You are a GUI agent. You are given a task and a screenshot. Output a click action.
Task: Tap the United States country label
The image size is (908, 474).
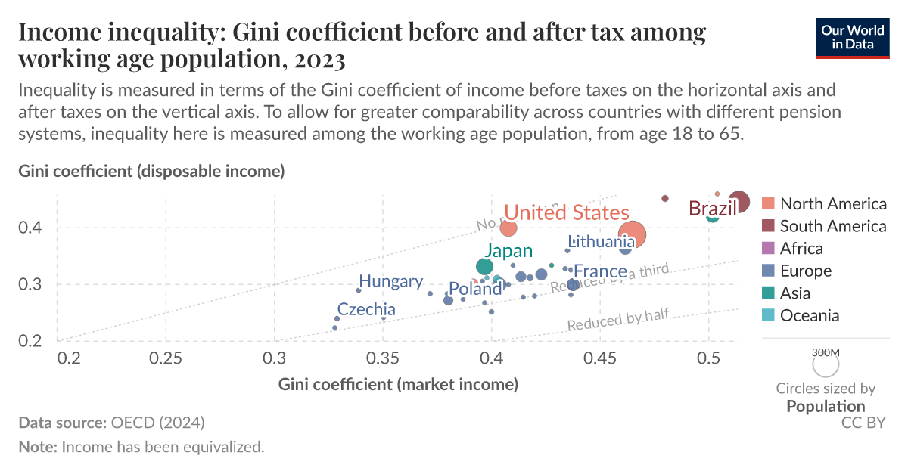coord(566,212)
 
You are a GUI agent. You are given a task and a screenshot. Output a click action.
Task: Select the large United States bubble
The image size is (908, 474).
coord(632,234)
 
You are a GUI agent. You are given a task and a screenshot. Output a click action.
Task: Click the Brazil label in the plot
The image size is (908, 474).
coord(712,209)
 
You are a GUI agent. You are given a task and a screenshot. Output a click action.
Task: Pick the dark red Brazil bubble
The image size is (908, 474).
coord(738,203)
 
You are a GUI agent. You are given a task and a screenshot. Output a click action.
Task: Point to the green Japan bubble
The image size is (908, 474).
coord(484,266)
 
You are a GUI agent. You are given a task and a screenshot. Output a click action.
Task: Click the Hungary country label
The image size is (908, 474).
coord(390,281)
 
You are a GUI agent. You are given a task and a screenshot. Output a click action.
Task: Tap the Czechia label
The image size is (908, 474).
coord(366,309)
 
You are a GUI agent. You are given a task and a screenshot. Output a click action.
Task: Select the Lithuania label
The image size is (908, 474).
coord(602,242)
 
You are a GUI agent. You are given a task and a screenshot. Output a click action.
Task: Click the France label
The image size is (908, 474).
coord(600,271)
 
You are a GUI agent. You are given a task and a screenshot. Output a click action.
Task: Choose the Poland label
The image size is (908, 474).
coord(475,289)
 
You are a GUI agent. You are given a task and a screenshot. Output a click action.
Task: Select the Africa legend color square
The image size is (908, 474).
coord(769,249)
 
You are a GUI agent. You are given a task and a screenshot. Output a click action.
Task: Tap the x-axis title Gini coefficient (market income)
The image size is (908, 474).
coord(398,384)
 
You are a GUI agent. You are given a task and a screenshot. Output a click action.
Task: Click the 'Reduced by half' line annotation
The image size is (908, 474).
coord(617,321)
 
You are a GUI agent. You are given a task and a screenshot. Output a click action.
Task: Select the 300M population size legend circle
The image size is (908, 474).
coord(826,365)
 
